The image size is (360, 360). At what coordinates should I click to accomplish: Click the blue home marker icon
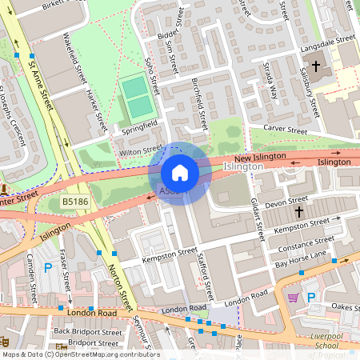pos(180,173)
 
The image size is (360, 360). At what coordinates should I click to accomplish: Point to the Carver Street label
pos(285,130)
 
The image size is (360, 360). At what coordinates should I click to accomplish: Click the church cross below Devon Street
pos(298,212)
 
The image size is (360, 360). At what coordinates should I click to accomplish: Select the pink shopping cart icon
pos(293,298)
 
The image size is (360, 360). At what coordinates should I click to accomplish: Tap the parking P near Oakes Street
pos(312,297)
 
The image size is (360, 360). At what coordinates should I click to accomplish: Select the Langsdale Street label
pos(326,39)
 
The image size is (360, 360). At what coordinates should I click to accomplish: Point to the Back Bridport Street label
pos(88,331)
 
